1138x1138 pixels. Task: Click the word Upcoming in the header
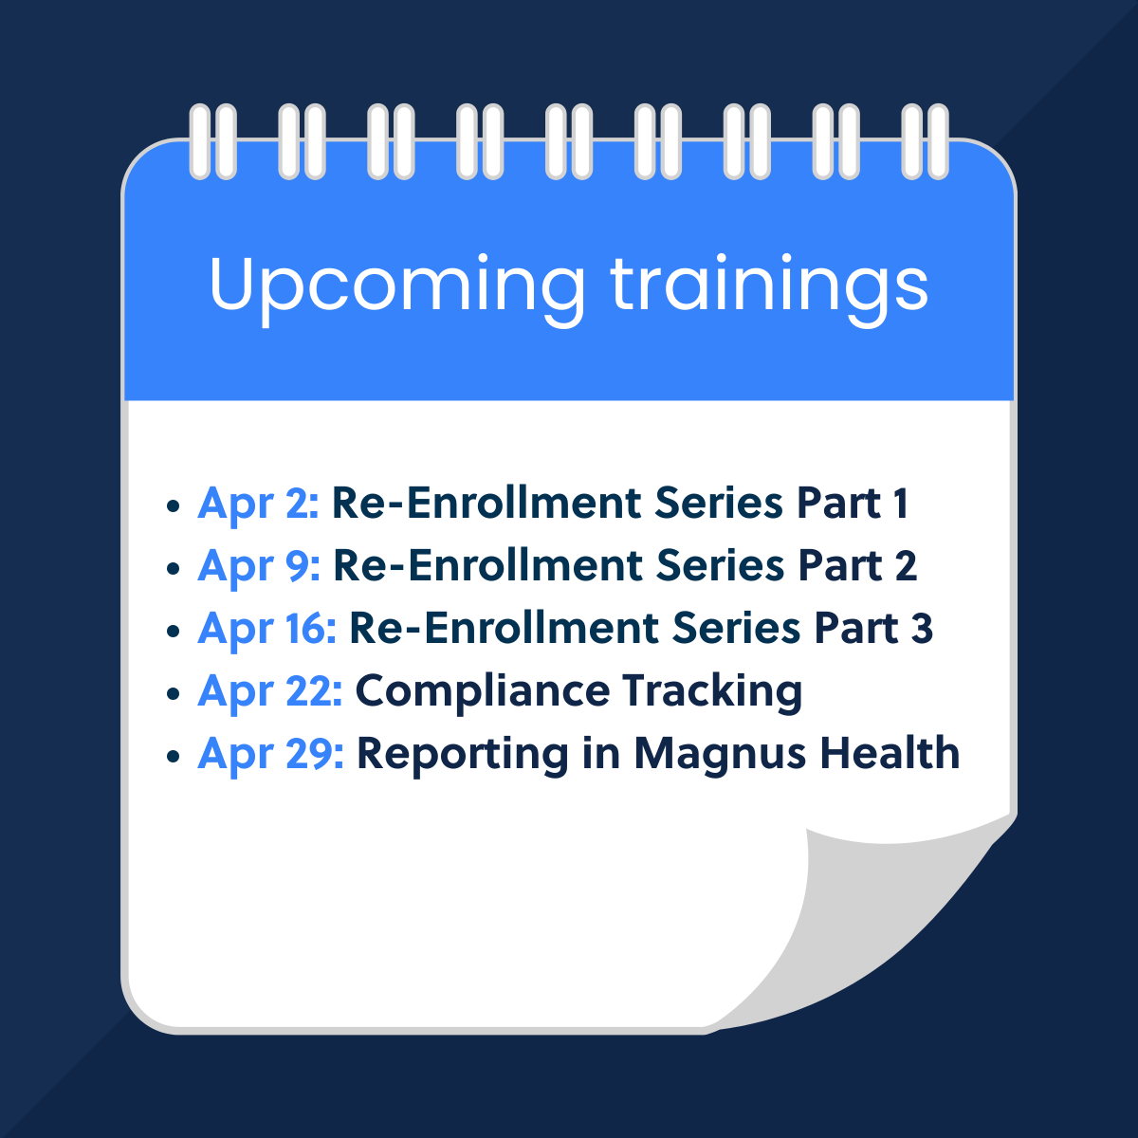click(395, 284)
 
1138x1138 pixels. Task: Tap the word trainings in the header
click(769, 284)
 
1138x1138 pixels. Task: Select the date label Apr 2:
click(258, 504)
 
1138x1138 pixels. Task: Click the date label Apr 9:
click(259, 566)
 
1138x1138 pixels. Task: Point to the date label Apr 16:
click(266, 629)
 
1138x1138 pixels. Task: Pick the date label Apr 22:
click(269, 691)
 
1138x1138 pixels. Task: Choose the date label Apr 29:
click(270, 754)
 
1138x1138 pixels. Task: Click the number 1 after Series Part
click(900, 504)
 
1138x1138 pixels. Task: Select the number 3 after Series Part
click(921, 629)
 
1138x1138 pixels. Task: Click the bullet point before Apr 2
click(173, 505)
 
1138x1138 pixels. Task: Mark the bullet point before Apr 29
click(173, 756)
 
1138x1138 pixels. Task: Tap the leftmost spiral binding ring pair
click(212, 141)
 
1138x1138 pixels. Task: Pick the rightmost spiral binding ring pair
click(925, 141)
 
